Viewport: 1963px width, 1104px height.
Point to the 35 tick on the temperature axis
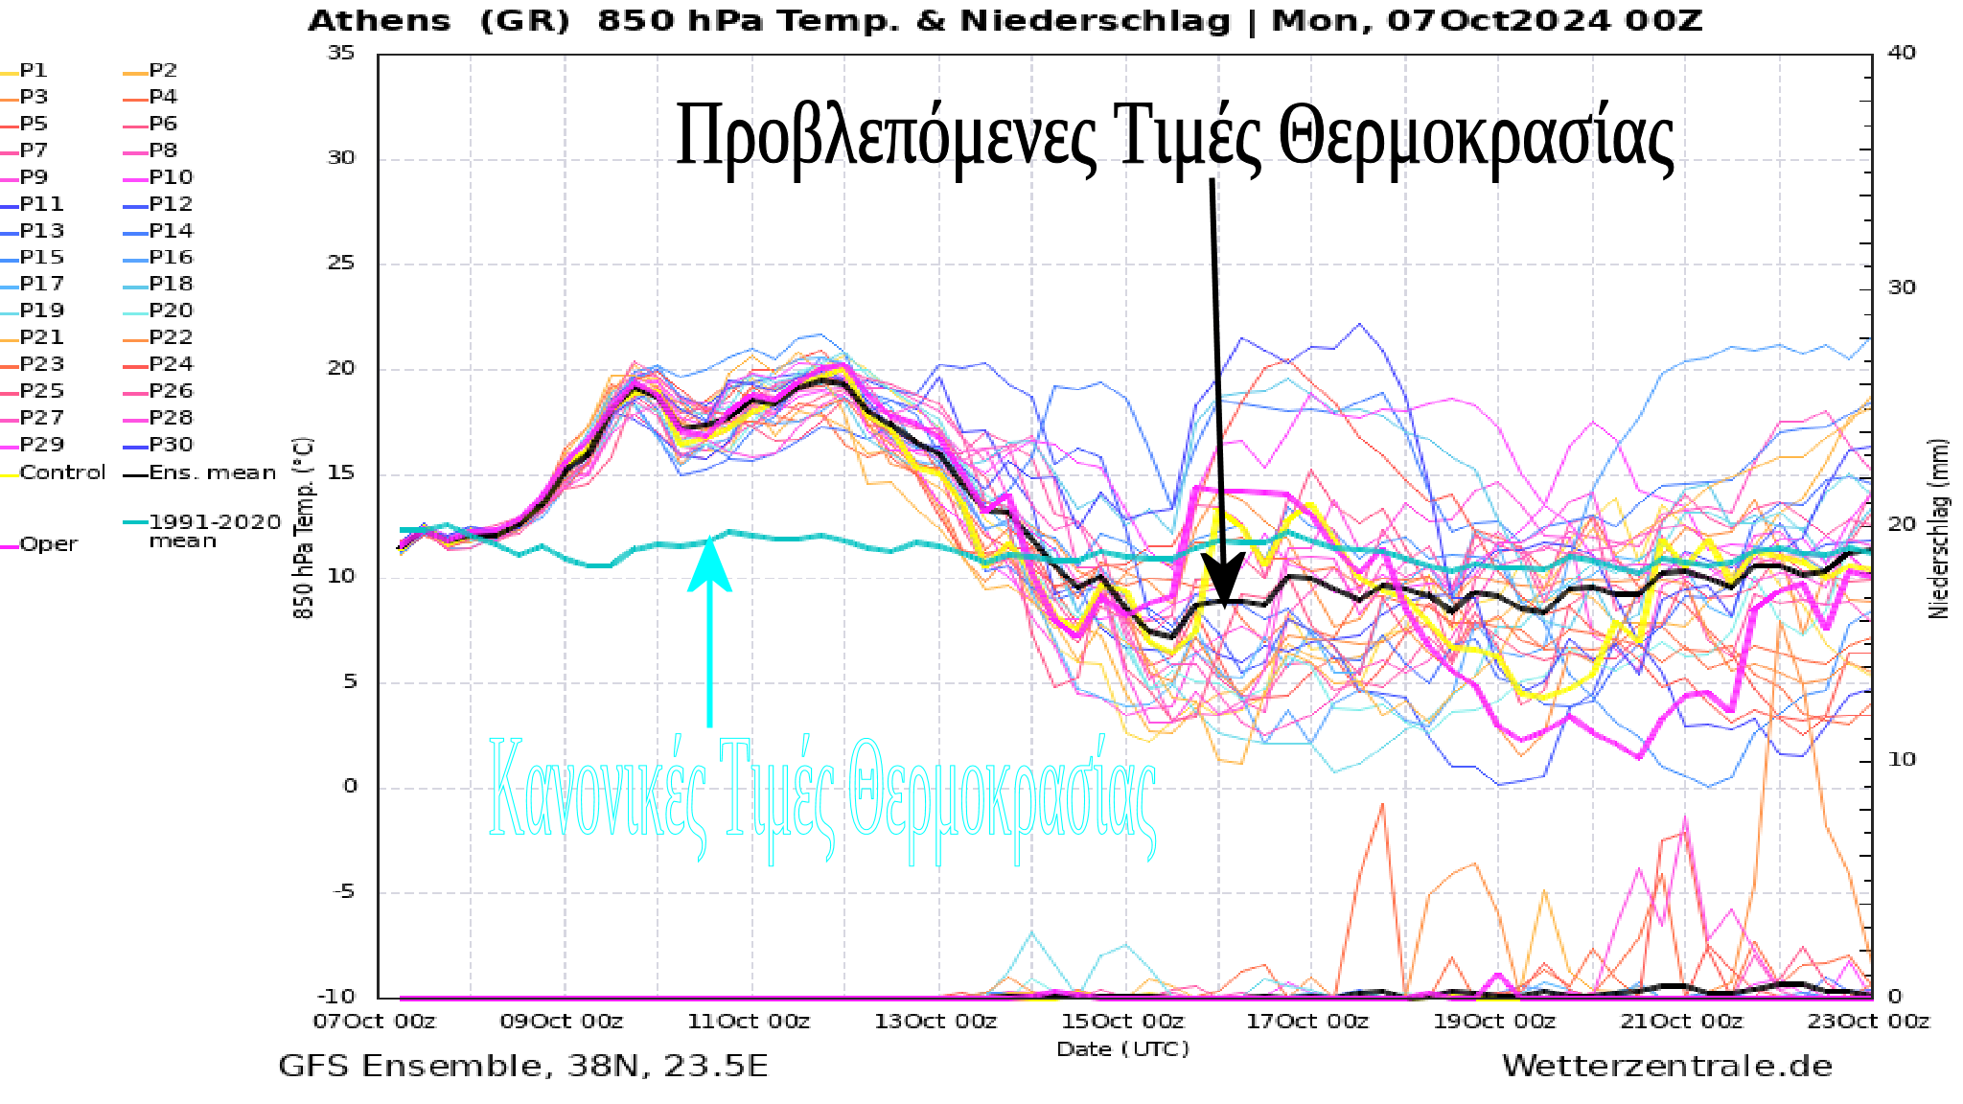pos(341,53)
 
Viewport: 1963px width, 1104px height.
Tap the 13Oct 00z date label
pos(935,1022)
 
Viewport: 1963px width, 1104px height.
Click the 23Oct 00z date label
pos(1868,1022)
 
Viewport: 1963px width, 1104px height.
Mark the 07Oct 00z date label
pos(374,1022)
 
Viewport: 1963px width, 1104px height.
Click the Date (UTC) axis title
pos(1122,1049)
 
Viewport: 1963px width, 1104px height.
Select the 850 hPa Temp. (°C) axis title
pos(303,528)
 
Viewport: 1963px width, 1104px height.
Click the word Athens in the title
pos(379,21)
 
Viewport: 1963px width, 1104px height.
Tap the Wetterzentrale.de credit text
pos(1666,1066)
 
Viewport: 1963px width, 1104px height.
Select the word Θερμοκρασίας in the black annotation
pos(1476,137)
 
